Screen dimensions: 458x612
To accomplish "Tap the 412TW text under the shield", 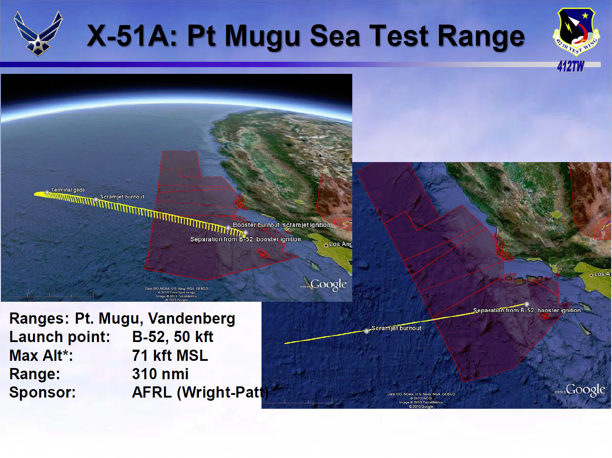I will (x=570, y=66).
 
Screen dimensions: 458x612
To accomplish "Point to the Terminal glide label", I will (x=68, y=190).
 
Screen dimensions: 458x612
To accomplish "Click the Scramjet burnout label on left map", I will (x=122, y=197).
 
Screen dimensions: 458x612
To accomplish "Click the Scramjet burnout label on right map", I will (x=396, y=328).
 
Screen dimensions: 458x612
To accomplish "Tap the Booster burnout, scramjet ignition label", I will (x=281, y=225).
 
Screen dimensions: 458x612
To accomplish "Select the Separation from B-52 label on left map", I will (x=245, y=239).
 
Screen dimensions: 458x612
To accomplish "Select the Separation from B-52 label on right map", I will (x=527, y=310).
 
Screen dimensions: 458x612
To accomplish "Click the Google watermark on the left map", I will (x=328, y=285).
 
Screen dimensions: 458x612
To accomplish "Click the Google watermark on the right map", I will (x=585, y=390).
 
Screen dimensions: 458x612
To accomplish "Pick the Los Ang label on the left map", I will (x=340, y=244).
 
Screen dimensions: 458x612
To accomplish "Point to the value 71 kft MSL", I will (x=170, y=355).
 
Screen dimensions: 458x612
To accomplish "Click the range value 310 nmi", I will (x=160, y=374).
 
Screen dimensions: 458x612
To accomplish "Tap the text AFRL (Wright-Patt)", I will (x=200, y=392).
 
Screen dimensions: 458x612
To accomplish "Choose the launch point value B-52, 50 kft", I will (x=173, y=337).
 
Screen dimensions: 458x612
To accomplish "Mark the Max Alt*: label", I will (x=41, y=355).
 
